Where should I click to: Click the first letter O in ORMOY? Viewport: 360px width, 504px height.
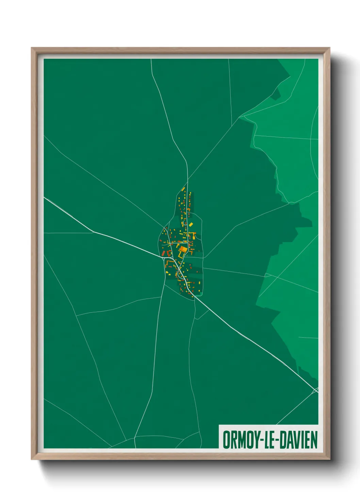[x=227, y=440]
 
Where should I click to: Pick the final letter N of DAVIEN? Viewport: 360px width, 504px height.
[x=314, y=440]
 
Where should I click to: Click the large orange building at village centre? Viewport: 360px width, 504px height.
[x=183, y=250]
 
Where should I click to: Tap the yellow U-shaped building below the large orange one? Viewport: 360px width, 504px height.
[x=181, y=255]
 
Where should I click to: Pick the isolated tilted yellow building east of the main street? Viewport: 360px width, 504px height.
[x=191, y=224]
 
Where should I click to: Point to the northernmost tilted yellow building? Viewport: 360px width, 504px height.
[x=183, y=188]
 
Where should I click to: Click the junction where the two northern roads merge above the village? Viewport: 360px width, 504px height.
[x=187, y=179]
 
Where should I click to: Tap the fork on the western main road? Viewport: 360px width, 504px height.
[x=93, y=232]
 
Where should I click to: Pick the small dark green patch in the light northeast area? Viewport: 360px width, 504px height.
[x=276, y=94]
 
